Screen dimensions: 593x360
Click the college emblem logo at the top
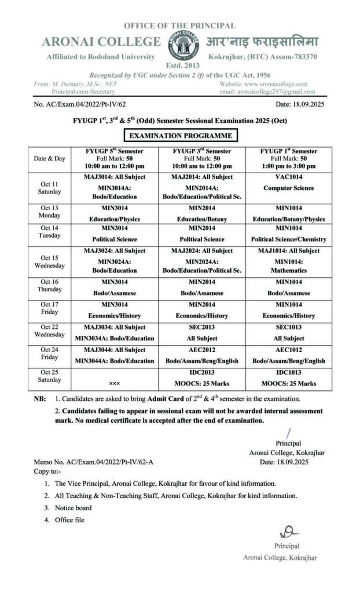[x=179, y=43]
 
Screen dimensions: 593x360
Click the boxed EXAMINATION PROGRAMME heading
[x=180, y=136]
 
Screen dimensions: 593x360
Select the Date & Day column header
[x=49, y=158]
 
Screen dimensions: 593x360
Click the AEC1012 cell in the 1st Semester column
[x=288, y=356]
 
